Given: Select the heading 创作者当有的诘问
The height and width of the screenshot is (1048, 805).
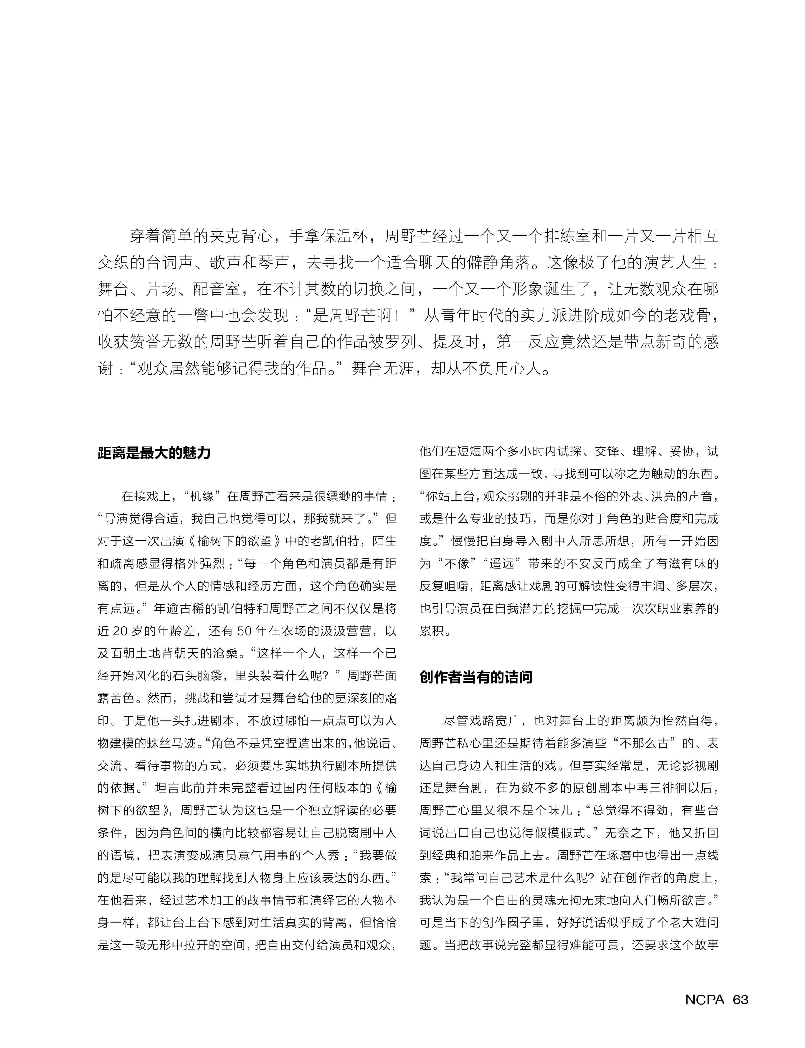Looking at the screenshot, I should (476, 677).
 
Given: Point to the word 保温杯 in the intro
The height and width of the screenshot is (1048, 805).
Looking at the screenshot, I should (345, 236).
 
